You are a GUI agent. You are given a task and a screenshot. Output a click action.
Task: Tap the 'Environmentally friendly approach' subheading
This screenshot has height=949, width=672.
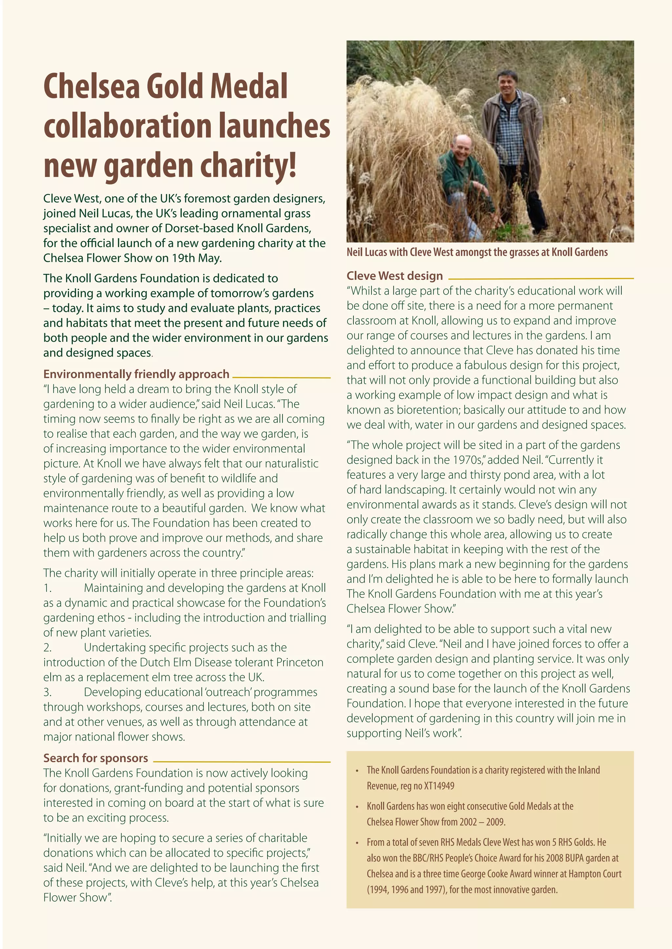tap(136, 374)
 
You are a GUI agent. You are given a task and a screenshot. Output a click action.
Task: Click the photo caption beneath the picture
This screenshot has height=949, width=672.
tap(477, 252)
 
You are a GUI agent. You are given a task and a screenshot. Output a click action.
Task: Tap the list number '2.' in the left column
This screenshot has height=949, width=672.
tap(48, 647)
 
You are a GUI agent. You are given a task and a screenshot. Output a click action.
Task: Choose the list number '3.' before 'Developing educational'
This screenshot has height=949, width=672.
tap(48, 692)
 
